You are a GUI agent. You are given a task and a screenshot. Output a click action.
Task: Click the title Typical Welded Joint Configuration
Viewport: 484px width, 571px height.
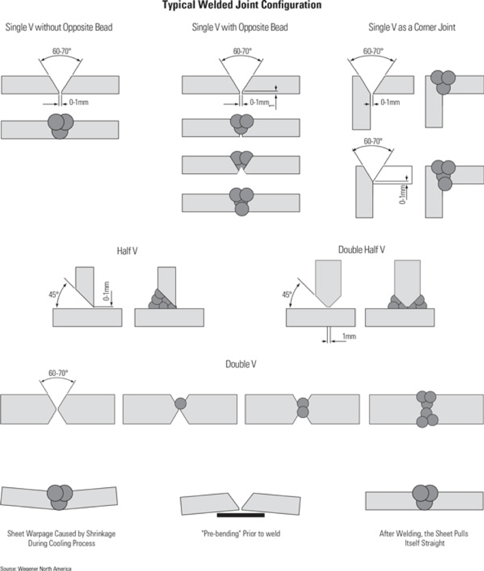[242, 5]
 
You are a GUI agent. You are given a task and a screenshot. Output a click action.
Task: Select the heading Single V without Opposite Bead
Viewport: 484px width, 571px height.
[59, 27]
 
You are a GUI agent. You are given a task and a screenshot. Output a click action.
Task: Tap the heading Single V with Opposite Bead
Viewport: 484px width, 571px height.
[240, 27]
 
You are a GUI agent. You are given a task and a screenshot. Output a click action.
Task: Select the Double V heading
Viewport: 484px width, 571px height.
[240, 365]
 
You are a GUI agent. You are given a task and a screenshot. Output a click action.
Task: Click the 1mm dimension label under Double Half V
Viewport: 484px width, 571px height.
[350, 337]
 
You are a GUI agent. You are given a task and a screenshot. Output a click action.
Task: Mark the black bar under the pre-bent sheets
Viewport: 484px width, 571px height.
[240, 515]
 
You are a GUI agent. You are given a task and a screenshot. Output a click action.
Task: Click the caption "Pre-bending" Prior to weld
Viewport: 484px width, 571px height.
[240, 534]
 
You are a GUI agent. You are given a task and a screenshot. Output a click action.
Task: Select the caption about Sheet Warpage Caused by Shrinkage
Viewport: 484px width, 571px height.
[61, 538]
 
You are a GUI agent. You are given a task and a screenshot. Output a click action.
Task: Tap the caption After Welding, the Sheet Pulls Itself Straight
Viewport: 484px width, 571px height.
[424, 538]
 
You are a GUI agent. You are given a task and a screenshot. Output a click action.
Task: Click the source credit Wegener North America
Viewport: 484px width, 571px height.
[35, 568]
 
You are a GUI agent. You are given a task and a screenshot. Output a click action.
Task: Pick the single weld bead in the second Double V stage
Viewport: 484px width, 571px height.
[181, 403]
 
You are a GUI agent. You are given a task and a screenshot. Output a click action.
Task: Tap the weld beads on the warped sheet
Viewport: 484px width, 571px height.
[60, 496]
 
